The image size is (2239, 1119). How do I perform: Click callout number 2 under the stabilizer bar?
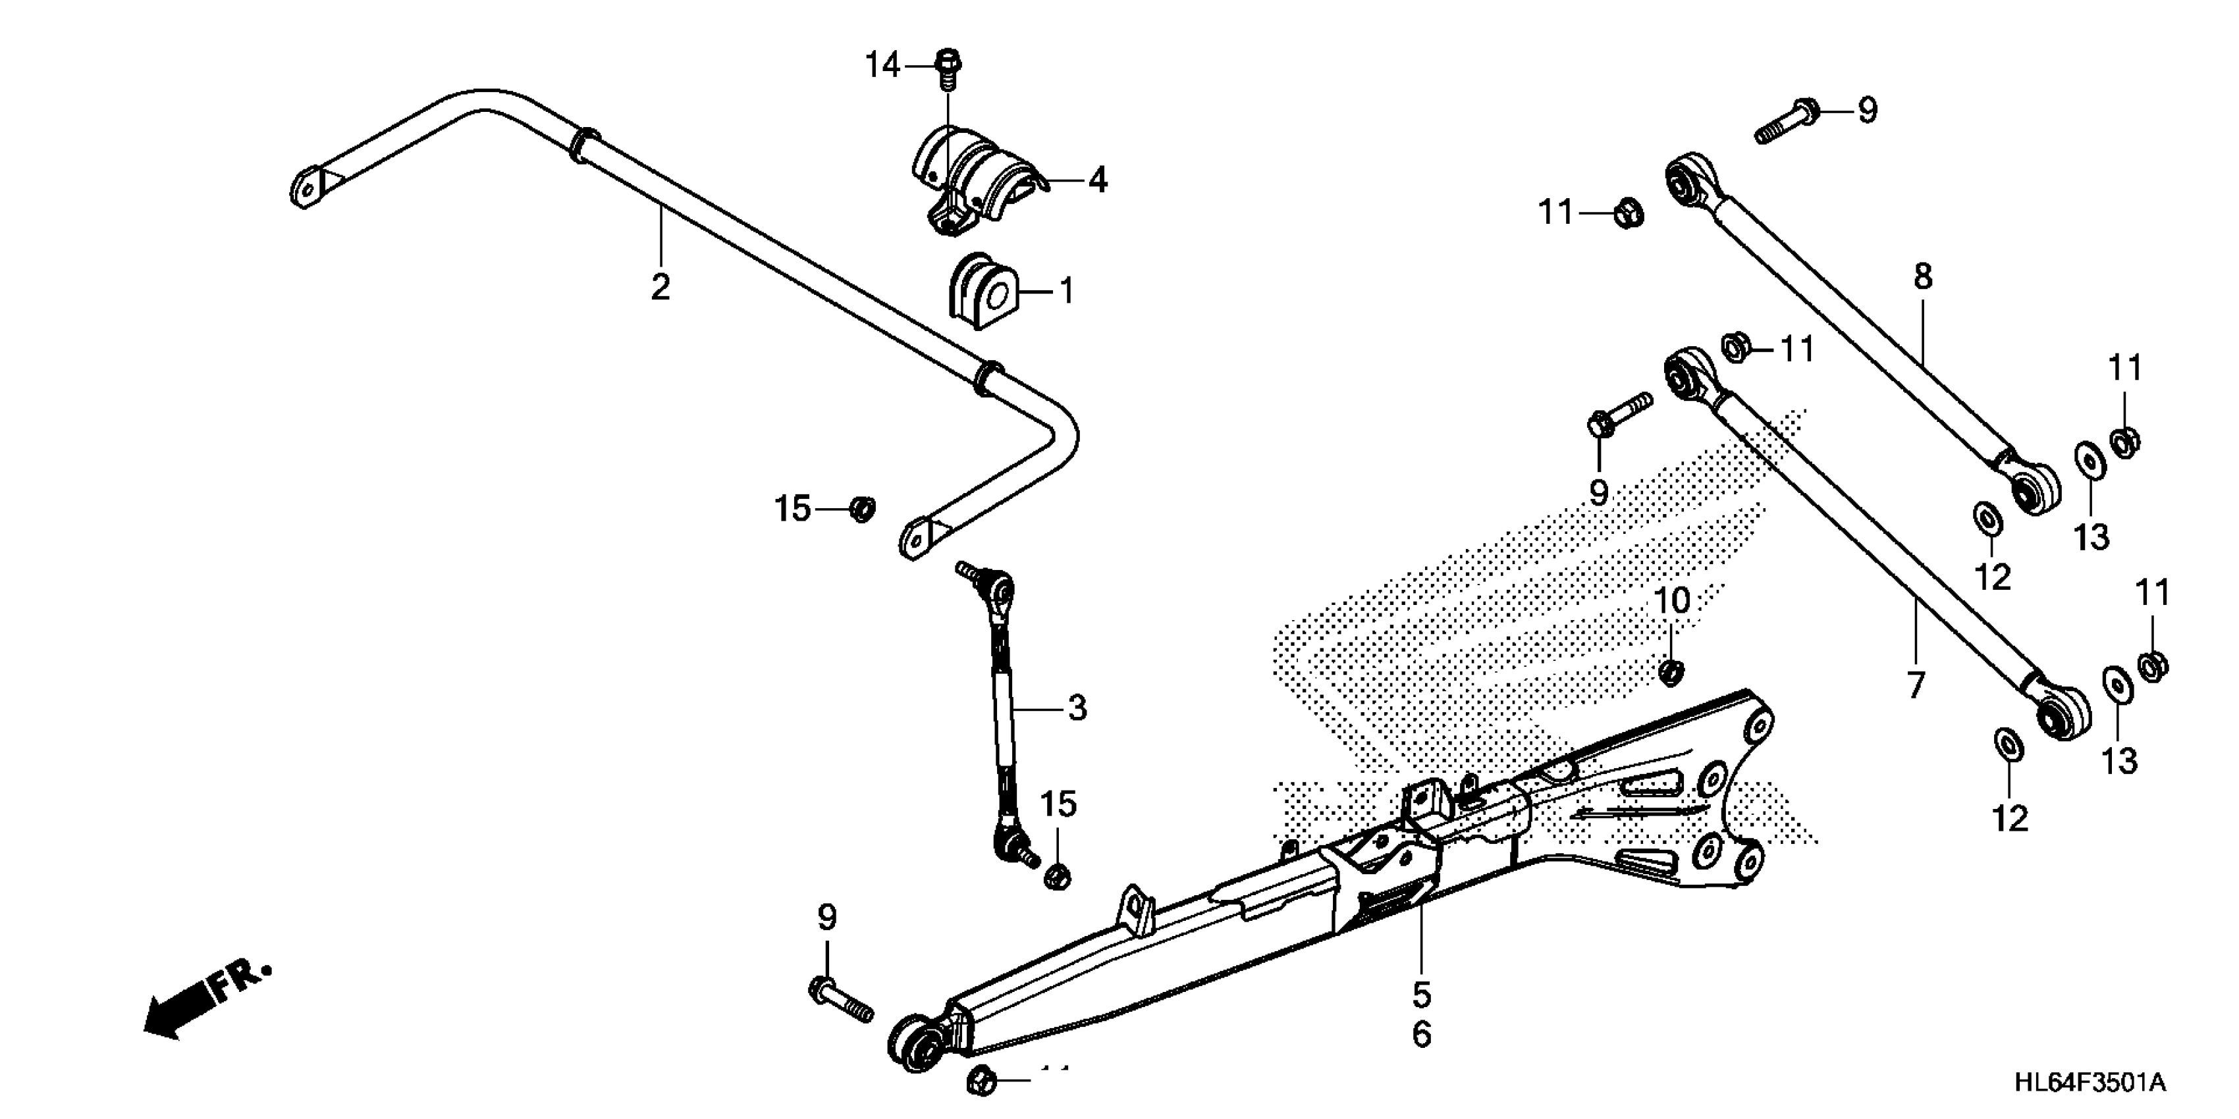click(661, 288)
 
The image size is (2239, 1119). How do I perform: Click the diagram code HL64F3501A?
click(2089, 1083)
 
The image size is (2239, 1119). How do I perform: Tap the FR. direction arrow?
click(204, 1000)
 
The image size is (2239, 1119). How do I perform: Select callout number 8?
click(1923, 277)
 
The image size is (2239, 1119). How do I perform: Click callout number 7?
click(1916, 685)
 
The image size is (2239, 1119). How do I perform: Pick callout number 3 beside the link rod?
click(1077, 708)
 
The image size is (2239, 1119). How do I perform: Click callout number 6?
click(1421, 1034)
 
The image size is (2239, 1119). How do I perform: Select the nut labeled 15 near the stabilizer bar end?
click(861, 508)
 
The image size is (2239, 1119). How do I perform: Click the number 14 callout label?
click(882, 65)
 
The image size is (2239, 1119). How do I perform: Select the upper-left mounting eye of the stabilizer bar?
click(305, 188)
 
